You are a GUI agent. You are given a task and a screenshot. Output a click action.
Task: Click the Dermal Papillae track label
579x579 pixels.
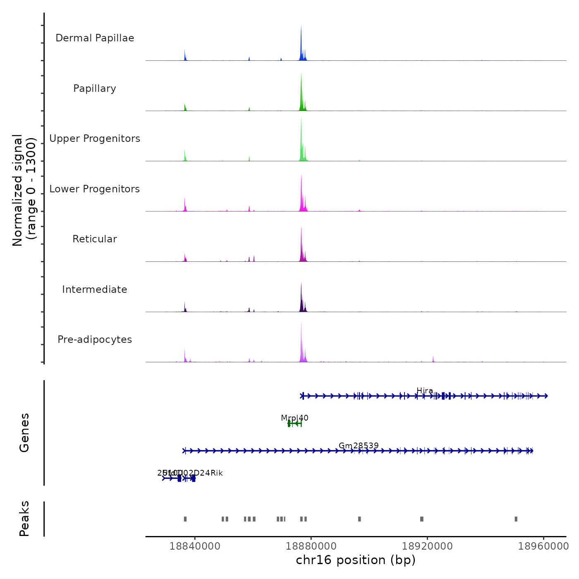[x=95, y=38]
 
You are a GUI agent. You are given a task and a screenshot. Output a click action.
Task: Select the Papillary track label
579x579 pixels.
[x=95, y=89]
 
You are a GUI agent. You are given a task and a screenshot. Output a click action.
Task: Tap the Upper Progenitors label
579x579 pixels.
[x=95, y=139]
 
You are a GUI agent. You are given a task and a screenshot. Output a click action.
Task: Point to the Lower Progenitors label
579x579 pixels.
[x=95, y=189]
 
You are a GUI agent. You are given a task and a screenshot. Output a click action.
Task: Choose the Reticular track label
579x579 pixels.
[x=95, y=239]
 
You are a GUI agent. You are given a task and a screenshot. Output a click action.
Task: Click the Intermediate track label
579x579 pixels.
[x=95, y=289]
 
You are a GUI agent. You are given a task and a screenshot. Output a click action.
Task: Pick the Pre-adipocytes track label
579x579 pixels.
[x=95, y=340]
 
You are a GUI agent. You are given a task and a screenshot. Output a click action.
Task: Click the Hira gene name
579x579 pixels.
[x=425, y=391]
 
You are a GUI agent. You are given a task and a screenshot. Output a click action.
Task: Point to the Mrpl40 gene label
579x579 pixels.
[x=294, y=418]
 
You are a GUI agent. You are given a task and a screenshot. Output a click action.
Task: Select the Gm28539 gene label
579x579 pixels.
[x=359, y=445]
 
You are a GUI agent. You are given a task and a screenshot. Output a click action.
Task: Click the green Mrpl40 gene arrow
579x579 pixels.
[x=295, y=423]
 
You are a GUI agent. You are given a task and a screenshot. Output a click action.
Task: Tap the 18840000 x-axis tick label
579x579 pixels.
[x=195, y=546]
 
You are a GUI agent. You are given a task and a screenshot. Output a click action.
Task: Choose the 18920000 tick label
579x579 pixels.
[x=427, y=546]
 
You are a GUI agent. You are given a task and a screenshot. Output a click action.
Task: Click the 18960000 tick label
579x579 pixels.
[x=543, y=546]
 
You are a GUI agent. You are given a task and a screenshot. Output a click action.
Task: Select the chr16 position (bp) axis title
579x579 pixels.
[x=356, y=560]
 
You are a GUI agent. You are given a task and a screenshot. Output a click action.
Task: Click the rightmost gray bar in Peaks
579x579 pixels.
[x=516, y=519]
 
